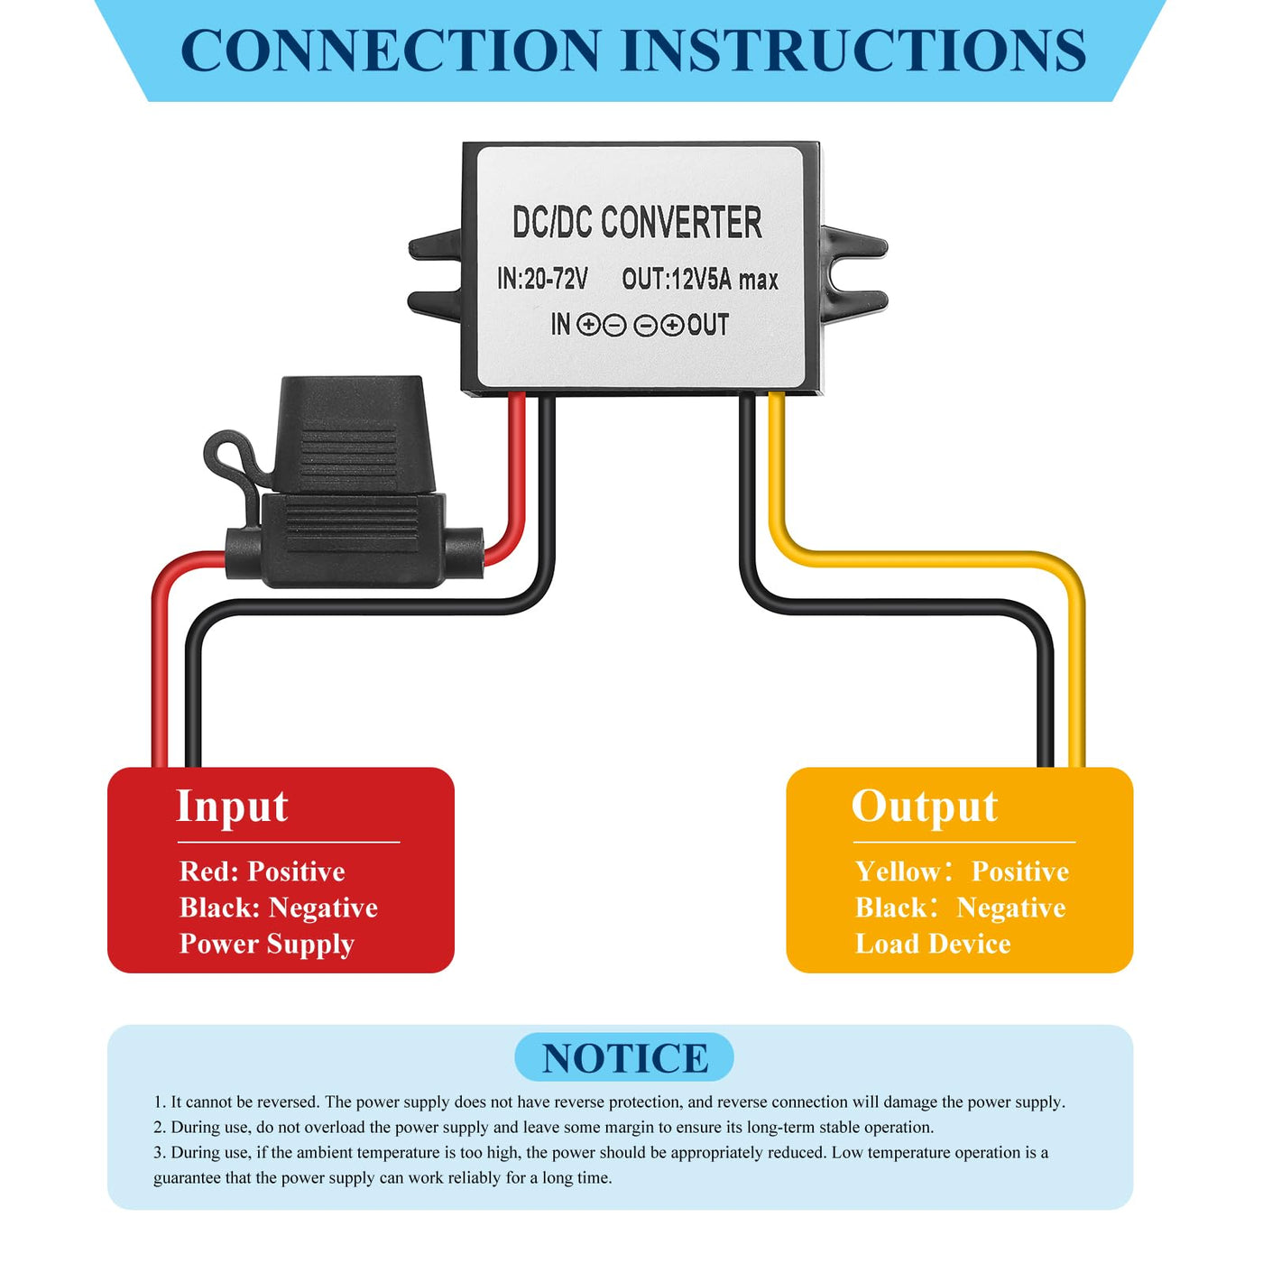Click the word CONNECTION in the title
[x=391, y=51]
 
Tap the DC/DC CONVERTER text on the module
[x=637, y=223]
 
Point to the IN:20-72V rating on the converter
[x=542, y=279]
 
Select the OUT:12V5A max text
[x=700, y=280]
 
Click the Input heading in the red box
[x=232, y=807]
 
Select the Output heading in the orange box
[x=925, y=807]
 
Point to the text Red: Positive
[x=262, y=871]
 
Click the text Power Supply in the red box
[x=266, y=944]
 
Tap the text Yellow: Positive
[x=962, y=871]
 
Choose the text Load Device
[x=933, y=944]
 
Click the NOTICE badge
[x=624, y=1057]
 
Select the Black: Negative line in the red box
[x=278, y=908]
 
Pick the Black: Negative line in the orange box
[x=960, y=908]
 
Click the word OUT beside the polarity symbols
[x=708, y=325]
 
